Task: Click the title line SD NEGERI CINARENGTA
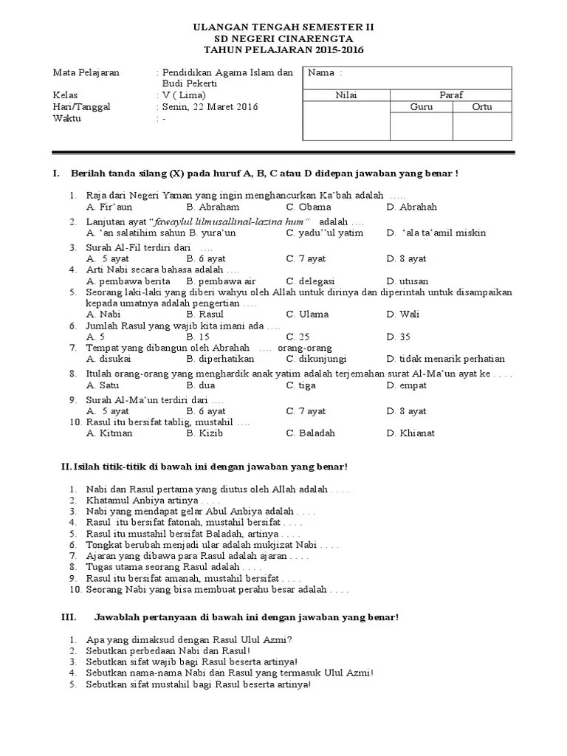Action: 283,38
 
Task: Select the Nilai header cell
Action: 346,94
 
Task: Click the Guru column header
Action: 421,107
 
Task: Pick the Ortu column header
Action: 482,107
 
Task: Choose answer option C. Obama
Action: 309,207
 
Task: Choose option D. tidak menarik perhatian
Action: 446,359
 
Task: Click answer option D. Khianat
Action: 410,433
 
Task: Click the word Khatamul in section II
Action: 108,501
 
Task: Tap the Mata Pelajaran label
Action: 86,73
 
